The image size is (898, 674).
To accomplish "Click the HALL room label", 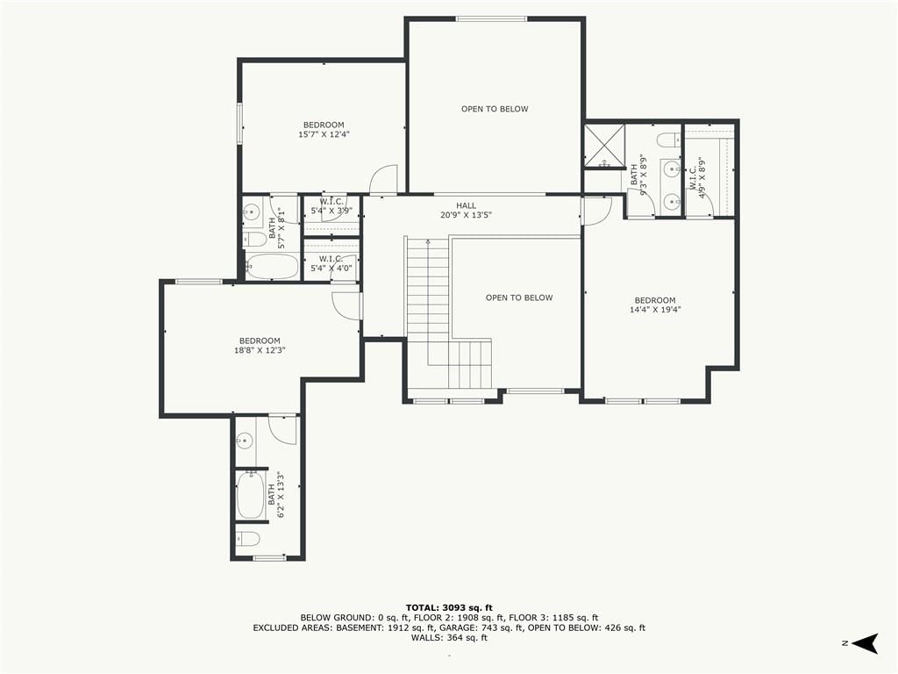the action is [x=466, y=205].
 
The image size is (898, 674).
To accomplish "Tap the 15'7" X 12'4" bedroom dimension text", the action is [x=324, y=134].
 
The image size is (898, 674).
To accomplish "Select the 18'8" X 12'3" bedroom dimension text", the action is [x=260, y=350].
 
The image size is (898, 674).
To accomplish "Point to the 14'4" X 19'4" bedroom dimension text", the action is [x=654, y=310].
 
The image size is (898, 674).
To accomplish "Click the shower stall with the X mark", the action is [x=604, y=147].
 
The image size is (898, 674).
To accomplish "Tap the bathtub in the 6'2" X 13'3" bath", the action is [x=250, y=495].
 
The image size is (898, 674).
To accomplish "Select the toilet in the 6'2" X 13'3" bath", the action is [x=247, y=540].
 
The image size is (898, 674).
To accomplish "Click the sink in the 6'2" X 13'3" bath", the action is [x=245, y=441].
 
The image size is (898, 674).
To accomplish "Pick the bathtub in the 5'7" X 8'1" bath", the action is [x=272, y=267].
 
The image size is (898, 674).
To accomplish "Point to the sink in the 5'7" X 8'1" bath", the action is [x=250, y=213].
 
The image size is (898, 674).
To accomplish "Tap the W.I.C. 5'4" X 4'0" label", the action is [x=331, y=263].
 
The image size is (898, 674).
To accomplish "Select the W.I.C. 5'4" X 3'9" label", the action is [x=331, y=206].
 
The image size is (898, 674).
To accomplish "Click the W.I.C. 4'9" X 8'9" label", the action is [x=696, y=177].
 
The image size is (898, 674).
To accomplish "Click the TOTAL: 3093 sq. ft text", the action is [x=449, y=607].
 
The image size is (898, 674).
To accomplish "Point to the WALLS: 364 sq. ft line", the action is [x=449, y=638].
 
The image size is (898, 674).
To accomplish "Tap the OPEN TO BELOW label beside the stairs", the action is [x=519, y=298].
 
